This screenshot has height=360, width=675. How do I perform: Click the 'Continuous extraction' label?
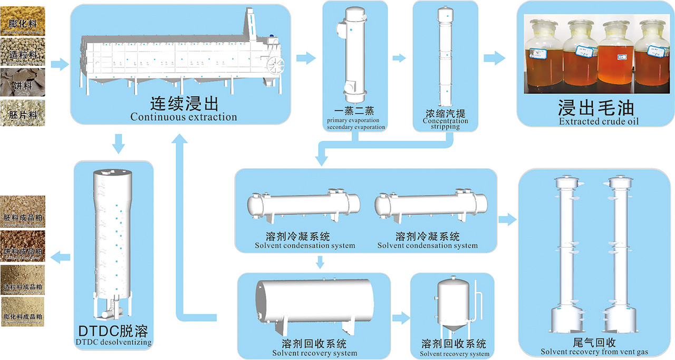tap(184, 116)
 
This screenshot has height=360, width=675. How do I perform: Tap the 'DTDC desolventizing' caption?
tap(113, 342)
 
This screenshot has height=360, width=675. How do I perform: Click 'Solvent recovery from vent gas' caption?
tap(594, 352)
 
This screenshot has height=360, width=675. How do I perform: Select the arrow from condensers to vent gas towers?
tap(507, 220)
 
